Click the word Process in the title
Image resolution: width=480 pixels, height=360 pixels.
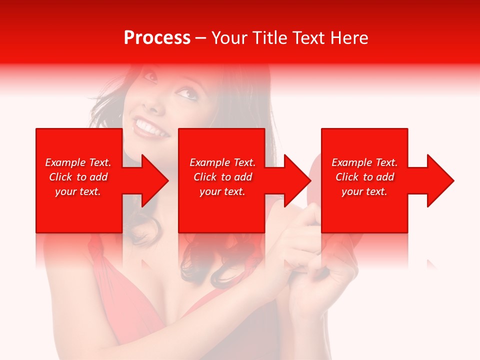tap(157, 38)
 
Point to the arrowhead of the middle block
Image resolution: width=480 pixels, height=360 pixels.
tap(296, 180)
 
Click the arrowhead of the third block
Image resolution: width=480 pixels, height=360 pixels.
tap(439, 180)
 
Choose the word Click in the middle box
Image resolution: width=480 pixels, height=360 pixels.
tap(204, 177)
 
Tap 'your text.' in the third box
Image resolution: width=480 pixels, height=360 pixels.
tap(364, 191)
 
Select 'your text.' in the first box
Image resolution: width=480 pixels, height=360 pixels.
tap(78, 191)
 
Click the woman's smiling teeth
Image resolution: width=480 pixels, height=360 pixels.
tap(150, 127)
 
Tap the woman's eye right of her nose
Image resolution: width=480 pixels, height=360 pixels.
tap(185, 92)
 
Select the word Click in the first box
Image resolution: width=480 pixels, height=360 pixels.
tap(60, 177)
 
